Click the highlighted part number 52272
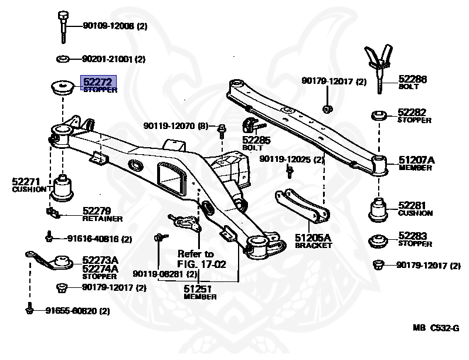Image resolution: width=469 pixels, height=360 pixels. (97, 83)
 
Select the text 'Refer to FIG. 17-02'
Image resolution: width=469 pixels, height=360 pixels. (201, 259)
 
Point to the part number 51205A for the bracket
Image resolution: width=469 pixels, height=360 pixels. (313, 237)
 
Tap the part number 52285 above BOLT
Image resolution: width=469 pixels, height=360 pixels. (257, 141)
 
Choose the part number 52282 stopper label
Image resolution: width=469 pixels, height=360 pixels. (413, 112)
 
